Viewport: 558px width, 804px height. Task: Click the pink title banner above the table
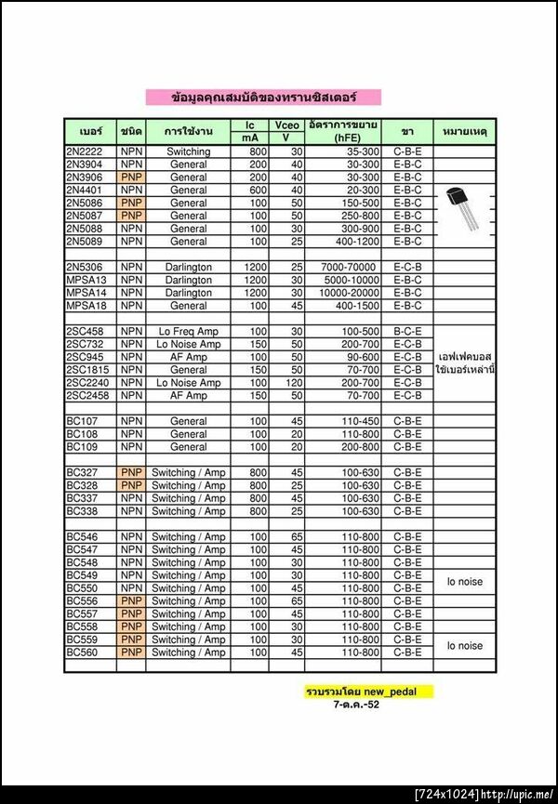tap(263, 97)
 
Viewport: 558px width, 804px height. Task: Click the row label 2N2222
tap(86, 152)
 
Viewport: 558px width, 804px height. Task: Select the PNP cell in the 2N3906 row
tap(131, 177)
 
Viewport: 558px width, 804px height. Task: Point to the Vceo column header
tap(286, 125)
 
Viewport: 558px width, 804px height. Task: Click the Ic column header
tap(249, 125)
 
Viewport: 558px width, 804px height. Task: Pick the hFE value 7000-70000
tap(343, 267)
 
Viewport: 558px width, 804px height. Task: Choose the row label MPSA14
tap(86, 293)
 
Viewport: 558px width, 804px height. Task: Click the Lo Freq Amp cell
tap(189, 332)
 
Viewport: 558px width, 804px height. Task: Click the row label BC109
tap(82, 447)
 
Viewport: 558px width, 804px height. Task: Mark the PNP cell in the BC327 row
tap(131, 472)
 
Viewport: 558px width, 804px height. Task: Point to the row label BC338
tap(82, 511)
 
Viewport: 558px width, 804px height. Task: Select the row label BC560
tap(82, 652)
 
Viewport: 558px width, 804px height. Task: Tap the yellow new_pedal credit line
tap(368, 692)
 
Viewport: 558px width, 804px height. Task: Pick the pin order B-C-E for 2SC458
tap(407, 332)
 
